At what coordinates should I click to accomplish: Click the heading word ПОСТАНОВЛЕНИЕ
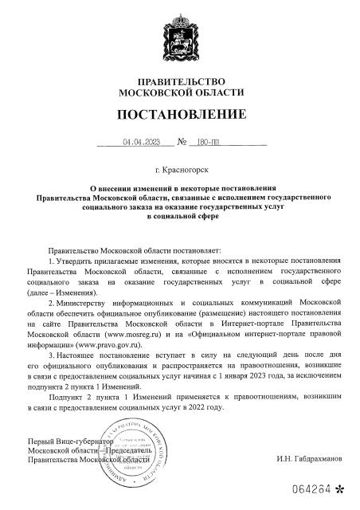181,117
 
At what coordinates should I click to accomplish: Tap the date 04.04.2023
141,143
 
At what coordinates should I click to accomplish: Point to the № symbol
182,143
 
